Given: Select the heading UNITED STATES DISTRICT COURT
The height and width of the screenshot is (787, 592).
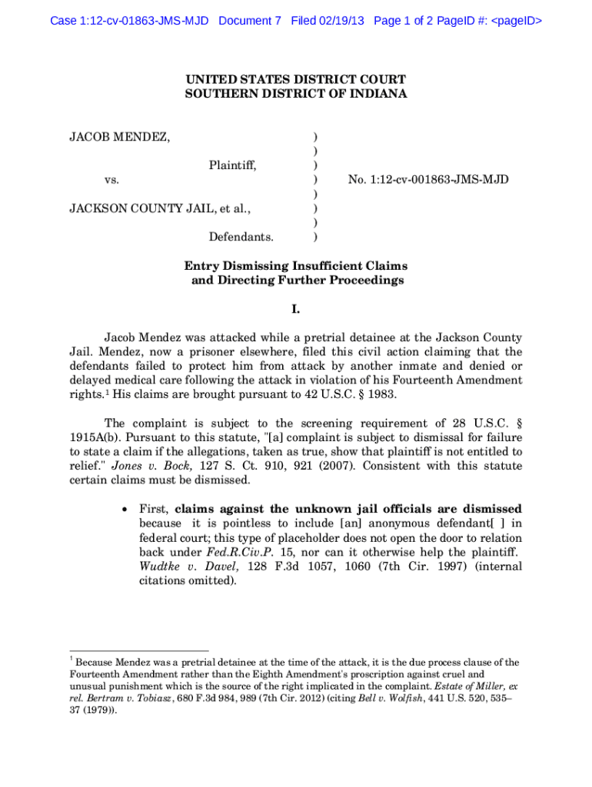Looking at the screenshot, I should click(x=295, y=79).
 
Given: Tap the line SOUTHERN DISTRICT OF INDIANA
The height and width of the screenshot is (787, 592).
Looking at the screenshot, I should click(x=295, y=94).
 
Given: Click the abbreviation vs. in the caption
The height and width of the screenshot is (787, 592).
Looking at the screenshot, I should click(x=111, y=180).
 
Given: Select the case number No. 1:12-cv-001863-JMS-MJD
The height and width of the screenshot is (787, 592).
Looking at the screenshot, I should click(x=428, y=180).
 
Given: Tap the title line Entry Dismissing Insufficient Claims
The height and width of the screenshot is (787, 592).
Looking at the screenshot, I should click(x=295, y=266).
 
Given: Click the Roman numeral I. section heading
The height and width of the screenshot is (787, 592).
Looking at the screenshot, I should click(x=295, y=310).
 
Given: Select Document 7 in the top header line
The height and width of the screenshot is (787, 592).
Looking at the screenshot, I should click(x=250, y=21).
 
